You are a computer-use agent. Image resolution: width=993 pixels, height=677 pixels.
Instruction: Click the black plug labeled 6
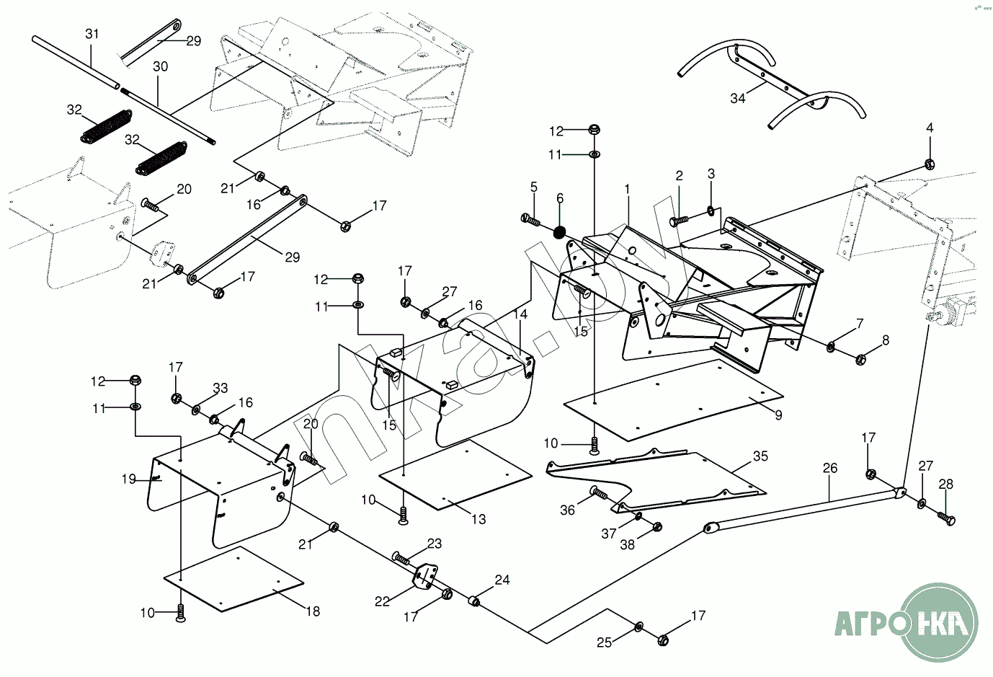[x=560, y=232]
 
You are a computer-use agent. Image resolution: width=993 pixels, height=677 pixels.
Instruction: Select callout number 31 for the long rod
[x=92, y=34]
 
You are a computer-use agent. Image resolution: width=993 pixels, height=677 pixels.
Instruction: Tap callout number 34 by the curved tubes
[x=737, y=98]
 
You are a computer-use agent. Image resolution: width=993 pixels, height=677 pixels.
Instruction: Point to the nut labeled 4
[x=930, y=163]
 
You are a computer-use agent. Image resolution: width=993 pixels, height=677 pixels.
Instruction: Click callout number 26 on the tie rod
[x=829, y=468]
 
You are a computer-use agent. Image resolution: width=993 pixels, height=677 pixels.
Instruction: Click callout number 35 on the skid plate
[x=760, y=456]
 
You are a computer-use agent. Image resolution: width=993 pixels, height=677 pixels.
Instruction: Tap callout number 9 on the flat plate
[x=778, y=415]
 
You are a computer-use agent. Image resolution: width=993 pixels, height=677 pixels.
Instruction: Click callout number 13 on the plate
[x=478, y=519]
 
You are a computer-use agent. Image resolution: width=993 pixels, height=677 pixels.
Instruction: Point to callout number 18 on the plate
[x=312, y=611]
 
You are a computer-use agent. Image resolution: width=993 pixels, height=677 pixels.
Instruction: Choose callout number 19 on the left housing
[x=129, y=479]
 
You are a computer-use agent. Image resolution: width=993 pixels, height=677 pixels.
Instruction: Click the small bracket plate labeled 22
[x=424, y=577]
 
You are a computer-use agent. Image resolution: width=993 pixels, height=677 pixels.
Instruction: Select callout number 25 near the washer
[x=605, y=642]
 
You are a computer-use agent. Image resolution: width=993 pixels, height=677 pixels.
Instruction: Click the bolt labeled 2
[x=677, y=220]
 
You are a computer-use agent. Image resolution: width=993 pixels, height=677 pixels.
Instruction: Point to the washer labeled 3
[x=711, y=211]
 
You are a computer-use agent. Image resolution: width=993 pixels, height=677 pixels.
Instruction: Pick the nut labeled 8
[x=860, y=358]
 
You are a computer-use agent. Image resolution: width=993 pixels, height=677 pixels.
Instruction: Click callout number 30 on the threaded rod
[x=160, y=66]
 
